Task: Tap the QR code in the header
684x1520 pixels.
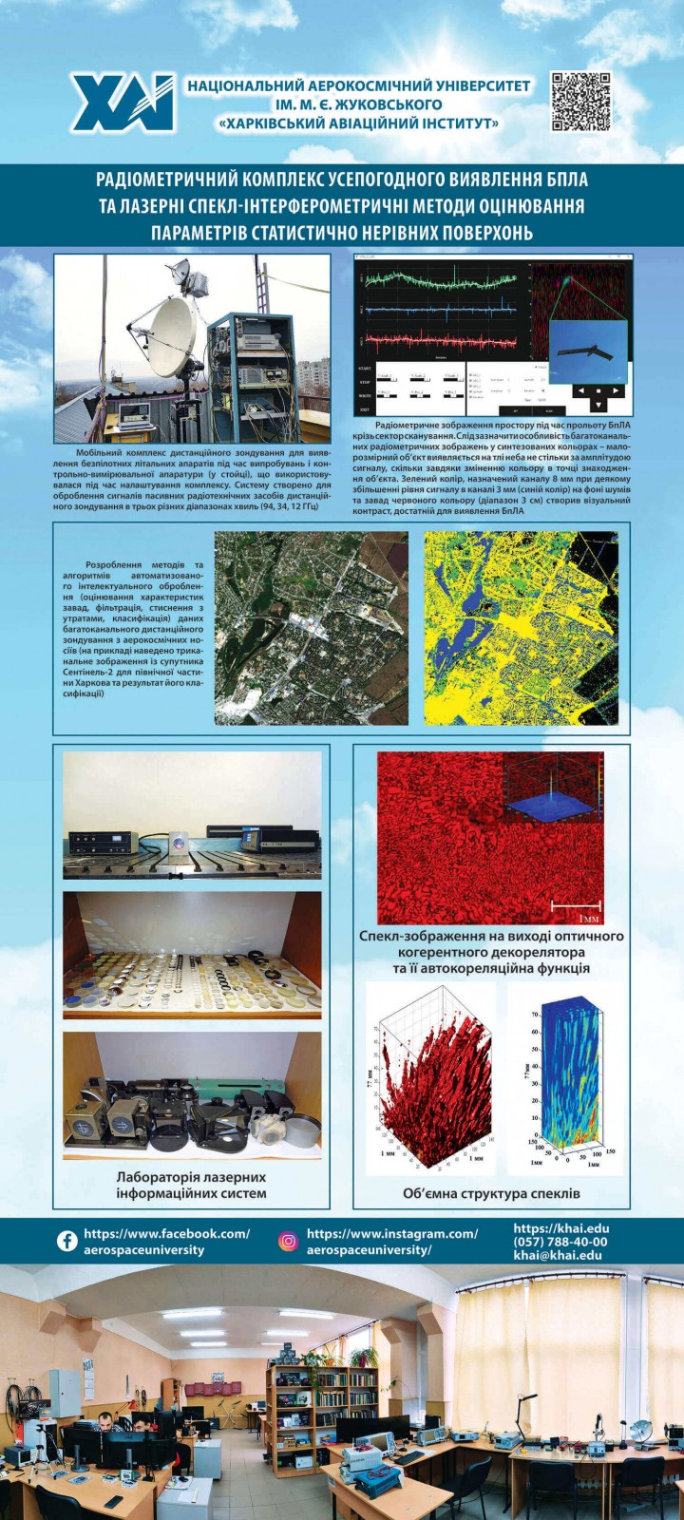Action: [580, 101]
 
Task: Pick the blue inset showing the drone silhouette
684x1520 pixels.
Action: [588, 351]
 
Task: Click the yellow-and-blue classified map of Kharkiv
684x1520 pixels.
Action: [521, 627]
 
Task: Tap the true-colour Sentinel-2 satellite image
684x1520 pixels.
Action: [311, 627]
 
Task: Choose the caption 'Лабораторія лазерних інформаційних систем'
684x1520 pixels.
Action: [191, 1186]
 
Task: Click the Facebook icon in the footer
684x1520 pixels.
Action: [67, 1241]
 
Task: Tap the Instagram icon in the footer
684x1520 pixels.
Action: [288, 1241]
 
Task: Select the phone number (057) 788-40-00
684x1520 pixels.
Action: [560, 1242]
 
